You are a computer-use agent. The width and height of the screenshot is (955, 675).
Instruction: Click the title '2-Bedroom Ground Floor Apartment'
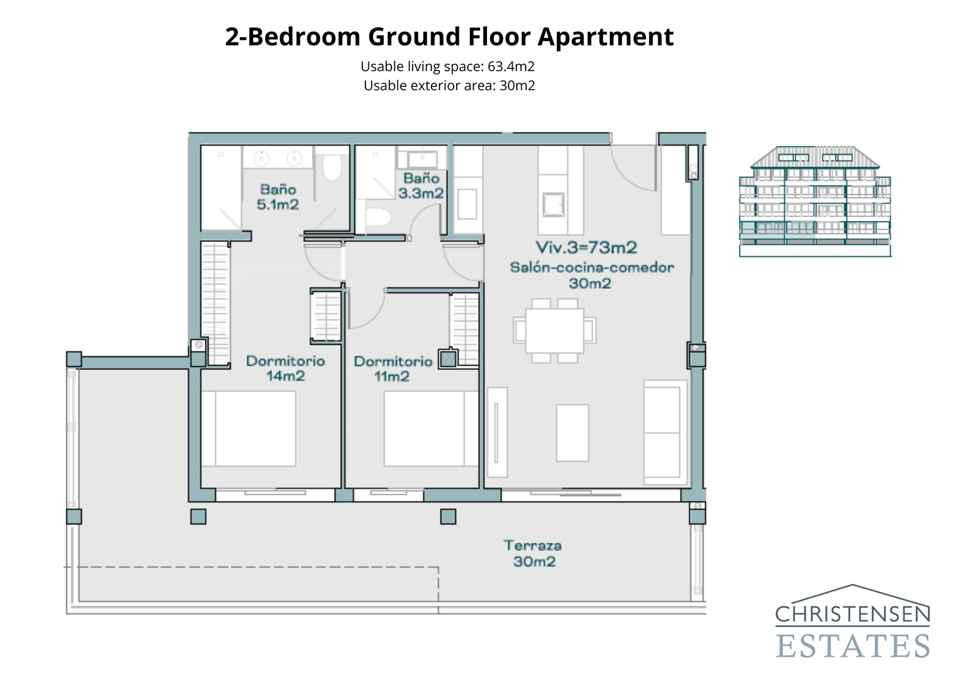449,37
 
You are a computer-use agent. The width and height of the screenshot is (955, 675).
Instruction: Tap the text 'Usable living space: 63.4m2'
448,66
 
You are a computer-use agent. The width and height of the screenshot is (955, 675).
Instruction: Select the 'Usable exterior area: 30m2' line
449,85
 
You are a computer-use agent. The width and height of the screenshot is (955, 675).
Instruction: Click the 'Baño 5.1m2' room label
278,197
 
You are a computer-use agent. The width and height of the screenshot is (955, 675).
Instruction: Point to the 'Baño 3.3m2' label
421,186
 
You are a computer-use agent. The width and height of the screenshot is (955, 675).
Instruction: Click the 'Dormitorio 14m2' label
285,368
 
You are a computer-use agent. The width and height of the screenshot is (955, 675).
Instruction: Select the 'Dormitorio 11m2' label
393,369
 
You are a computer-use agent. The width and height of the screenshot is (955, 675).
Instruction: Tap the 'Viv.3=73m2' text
586,247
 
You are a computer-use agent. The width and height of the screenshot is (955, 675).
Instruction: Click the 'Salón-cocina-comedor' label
592,267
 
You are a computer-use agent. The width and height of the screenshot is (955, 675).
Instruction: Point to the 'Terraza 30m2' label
533,553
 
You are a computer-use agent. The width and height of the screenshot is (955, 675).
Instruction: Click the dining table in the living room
554,330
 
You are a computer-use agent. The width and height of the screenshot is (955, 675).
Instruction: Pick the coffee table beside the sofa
572,433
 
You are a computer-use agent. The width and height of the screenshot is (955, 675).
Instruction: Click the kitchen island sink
553,205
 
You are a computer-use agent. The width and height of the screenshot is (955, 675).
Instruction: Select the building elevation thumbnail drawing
815,202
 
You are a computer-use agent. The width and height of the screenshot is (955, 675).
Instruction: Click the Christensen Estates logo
852,622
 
